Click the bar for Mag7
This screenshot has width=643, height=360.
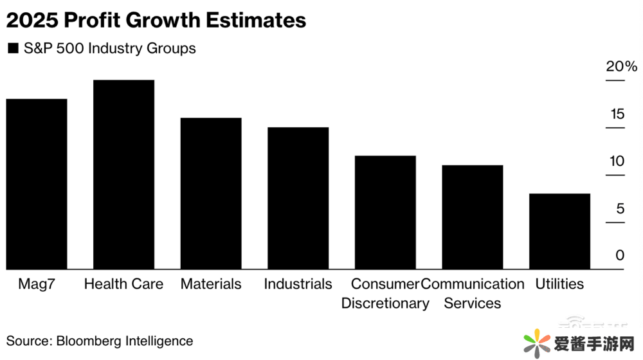point(37,184)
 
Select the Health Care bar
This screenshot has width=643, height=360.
point(124,175)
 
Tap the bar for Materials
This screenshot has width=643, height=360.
point(211,194)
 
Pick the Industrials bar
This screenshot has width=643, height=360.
point(298,198)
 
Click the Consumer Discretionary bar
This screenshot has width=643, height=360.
point(385,212)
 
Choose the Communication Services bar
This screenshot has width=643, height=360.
point(473,217)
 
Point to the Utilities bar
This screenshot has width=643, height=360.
point(559,231)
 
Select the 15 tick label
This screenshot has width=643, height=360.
point(617,114)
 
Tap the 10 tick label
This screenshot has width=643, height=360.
point(617,161)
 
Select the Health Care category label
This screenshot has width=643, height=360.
point(124,284)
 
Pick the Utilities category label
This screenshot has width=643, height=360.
point(559,284)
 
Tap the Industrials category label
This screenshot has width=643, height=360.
point(298,284)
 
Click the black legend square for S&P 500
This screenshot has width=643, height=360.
point(12,49)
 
